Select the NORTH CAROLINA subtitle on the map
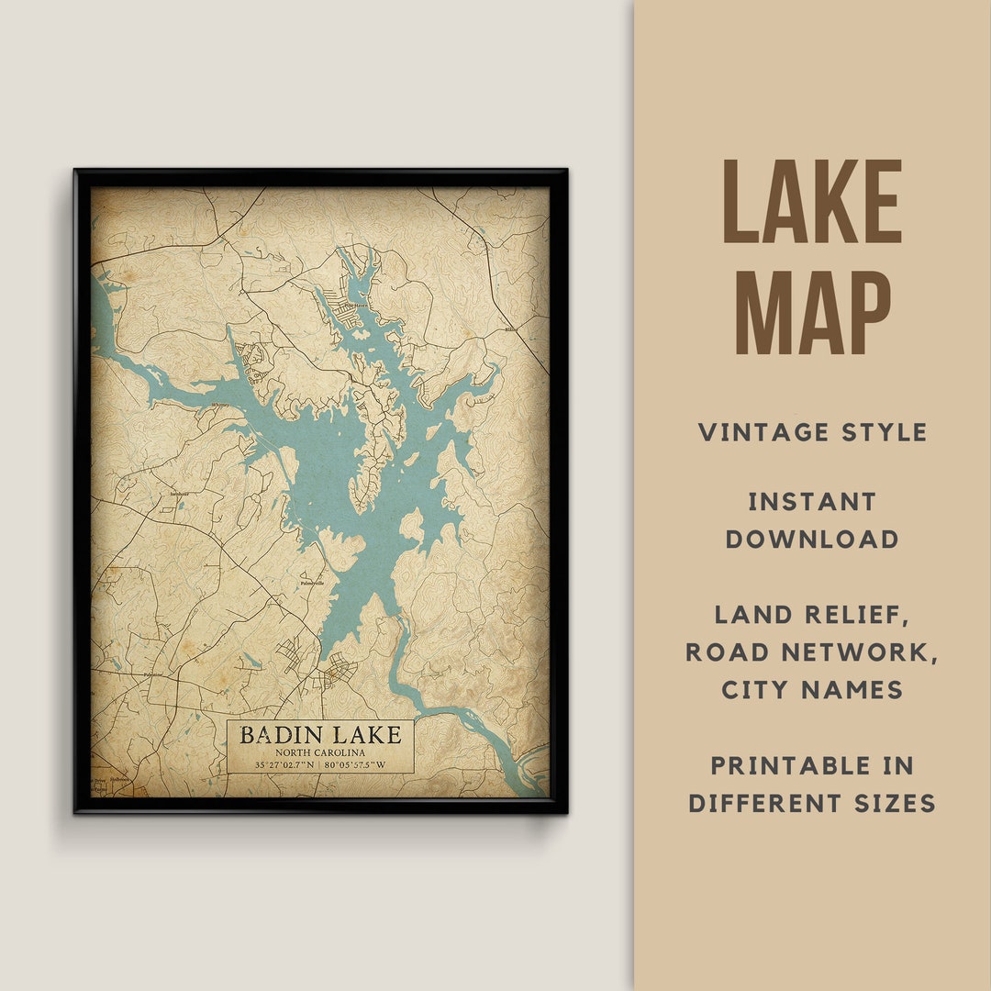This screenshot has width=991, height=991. point(320,752)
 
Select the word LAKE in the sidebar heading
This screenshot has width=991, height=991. point(813,202)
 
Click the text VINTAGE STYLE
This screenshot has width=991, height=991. point(813,432)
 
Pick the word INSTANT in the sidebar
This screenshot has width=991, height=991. point(813,502)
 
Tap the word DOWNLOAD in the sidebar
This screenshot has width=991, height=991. point(813,540)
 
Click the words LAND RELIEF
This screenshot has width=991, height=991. point(813,615)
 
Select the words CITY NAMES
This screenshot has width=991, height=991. point(813,690)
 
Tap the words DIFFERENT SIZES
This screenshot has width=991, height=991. point(813,804)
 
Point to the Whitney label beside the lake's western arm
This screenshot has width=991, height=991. point(221,405)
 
